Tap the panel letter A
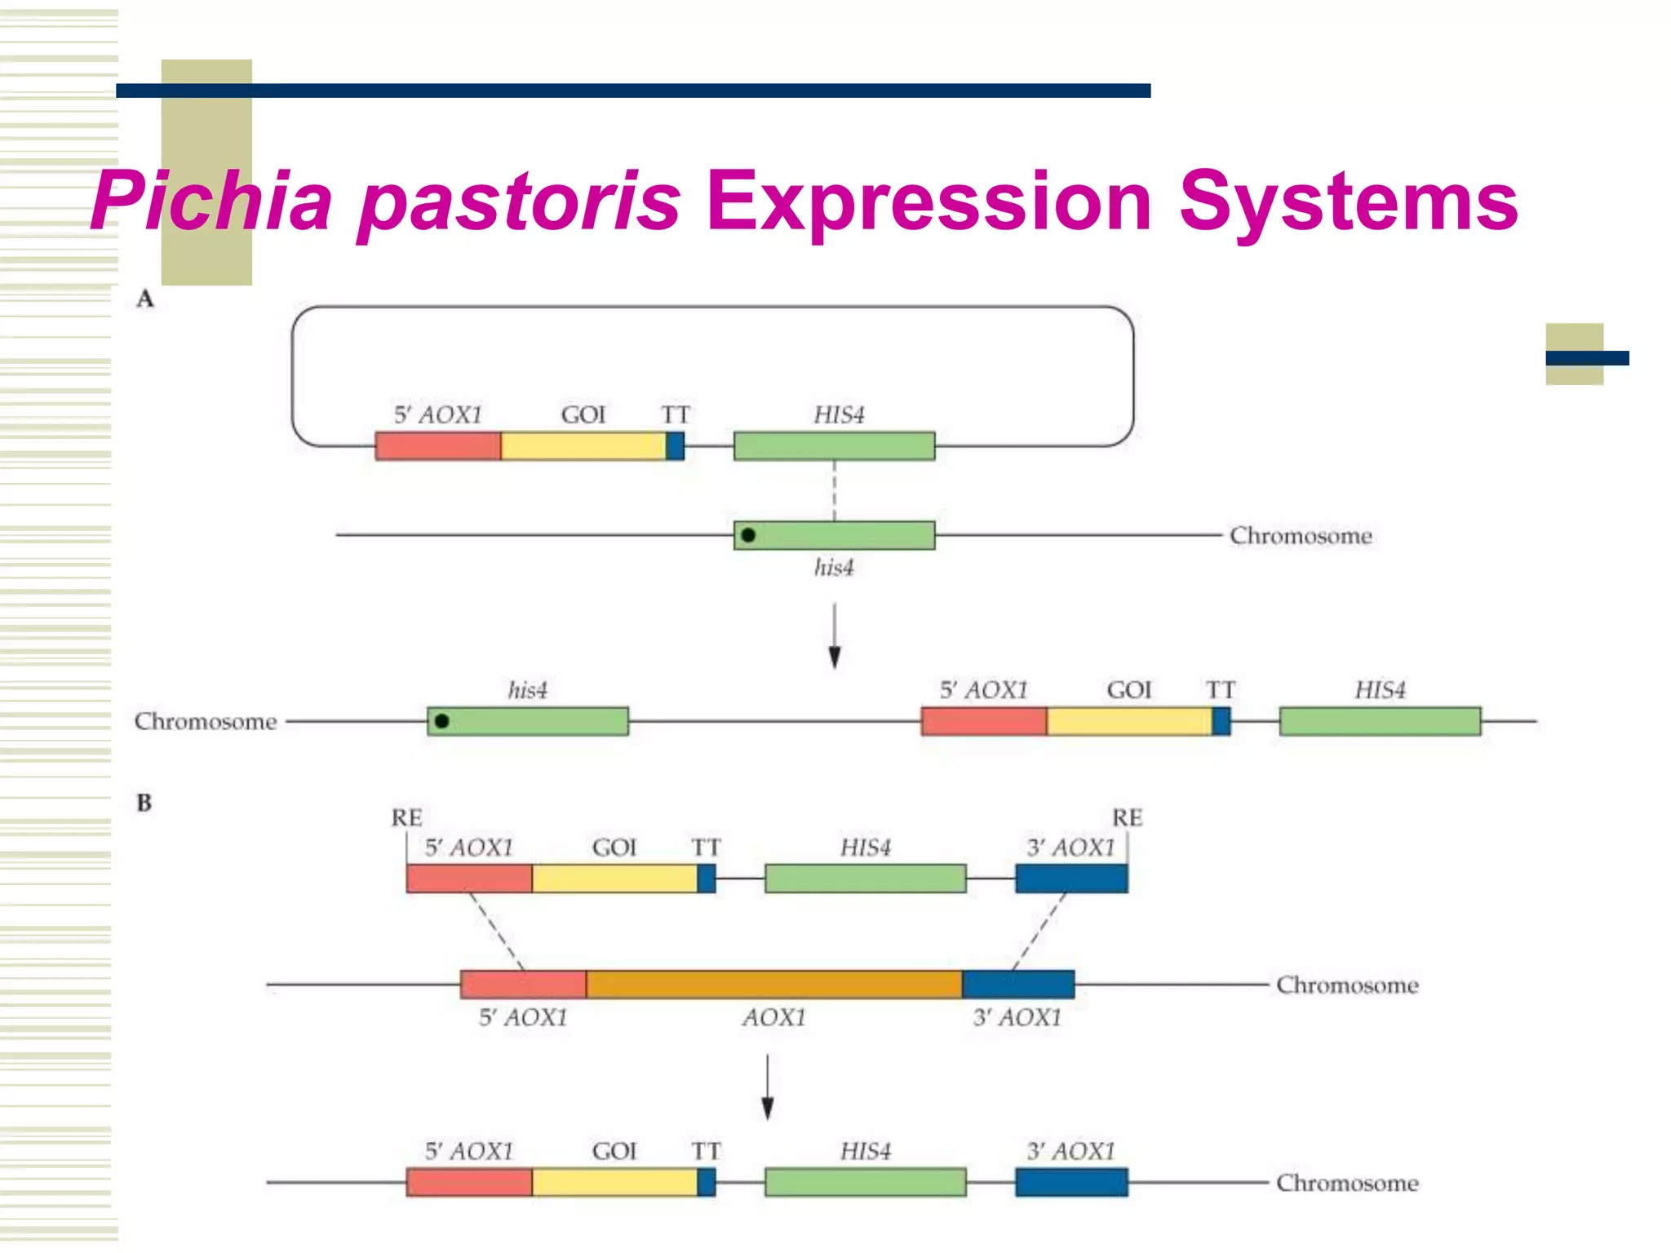(x=145, y=299)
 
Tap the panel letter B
(x=144, y=803)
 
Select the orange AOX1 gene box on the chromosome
(x=773, y=985)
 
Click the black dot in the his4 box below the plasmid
(x=748, y=535)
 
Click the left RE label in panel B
(x=406, y=817)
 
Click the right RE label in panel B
(x=1127, y=817)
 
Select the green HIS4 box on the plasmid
(x=834, y=446)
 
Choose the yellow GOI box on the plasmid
(x=583, y=446)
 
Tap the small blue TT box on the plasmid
(x=675, y=446)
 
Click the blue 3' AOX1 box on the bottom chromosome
(x=1071, y=1182)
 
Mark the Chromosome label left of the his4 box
(x=206, y=722)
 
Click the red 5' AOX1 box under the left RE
(x=469, y=879)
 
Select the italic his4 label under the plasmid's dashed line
(x=834, y=568)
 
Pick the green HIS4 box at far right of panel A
(x=1380, y=721)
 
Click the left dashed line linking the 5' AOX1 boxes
(x=497, y=932)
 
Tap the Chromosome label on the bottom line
(x=1347, y=1183)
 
